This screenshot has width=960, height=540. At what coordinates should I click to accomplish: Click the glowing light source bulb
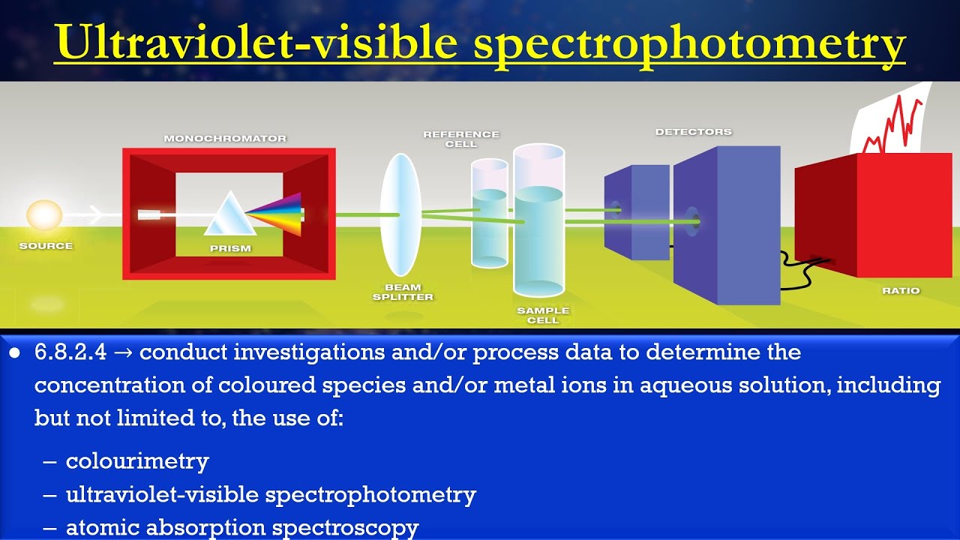pyautogui.click(x=44, y=215)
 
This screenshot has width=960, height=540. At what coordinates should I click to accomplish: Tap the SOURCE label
pyautogui.click(x=46, y=246)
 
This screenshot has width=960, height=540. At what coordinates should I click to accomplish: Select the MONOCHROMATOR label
pyautogui.click(x=225, y=139)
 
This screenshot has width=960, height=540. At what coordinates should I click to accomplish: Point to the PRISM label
pyautogui.click(x=230, y=248)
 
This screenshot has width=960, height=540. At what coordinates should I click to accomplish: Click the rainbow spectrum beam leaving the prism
pyautogui.click(x=277, y=214)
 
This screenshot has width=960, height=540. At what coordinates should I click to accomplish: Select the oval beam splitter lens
pyautogui.click(x=400, y=214)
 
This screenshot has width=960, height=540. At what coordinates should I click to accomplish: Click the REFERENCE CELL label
pyautogui.click(x=460, y=139)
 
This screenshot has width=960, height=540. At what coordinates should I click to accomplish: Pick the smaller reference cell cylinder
pyautogui.click(x=489, y=214)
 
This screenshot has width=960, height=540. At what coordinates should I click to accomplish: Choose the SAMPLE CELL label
pyautogui.click(x=543, y=315)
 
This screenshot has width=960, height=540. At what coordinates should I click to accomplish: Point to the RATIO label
pyautogui.click(x=901, y=291)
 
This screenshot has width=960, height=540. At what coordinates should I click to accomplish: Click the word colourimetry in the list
pyautogui.click(x=137, y=460)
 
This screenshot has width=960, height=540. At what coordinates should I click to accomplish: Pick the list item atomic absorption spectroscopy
pyautogui.click(x=242, y=528)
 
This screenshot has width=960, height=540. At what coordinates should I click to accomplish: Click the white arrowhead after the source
pyautogui.click(x=95, y=216)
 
